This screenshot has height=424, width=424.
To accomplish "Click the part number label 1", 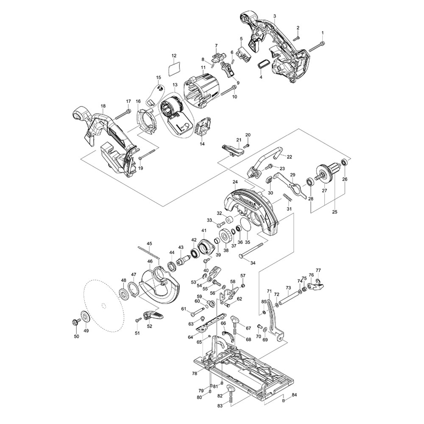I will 322,33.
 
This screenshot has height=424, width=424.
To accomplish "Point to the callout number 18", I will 103,106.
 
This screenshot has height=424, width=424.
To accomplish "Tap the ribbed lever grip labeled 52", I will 154,314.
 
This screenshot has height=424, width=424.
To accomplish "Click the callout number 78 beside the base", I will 195,374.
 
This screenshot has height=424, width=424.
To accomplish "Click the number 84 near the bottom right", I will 295,395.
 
